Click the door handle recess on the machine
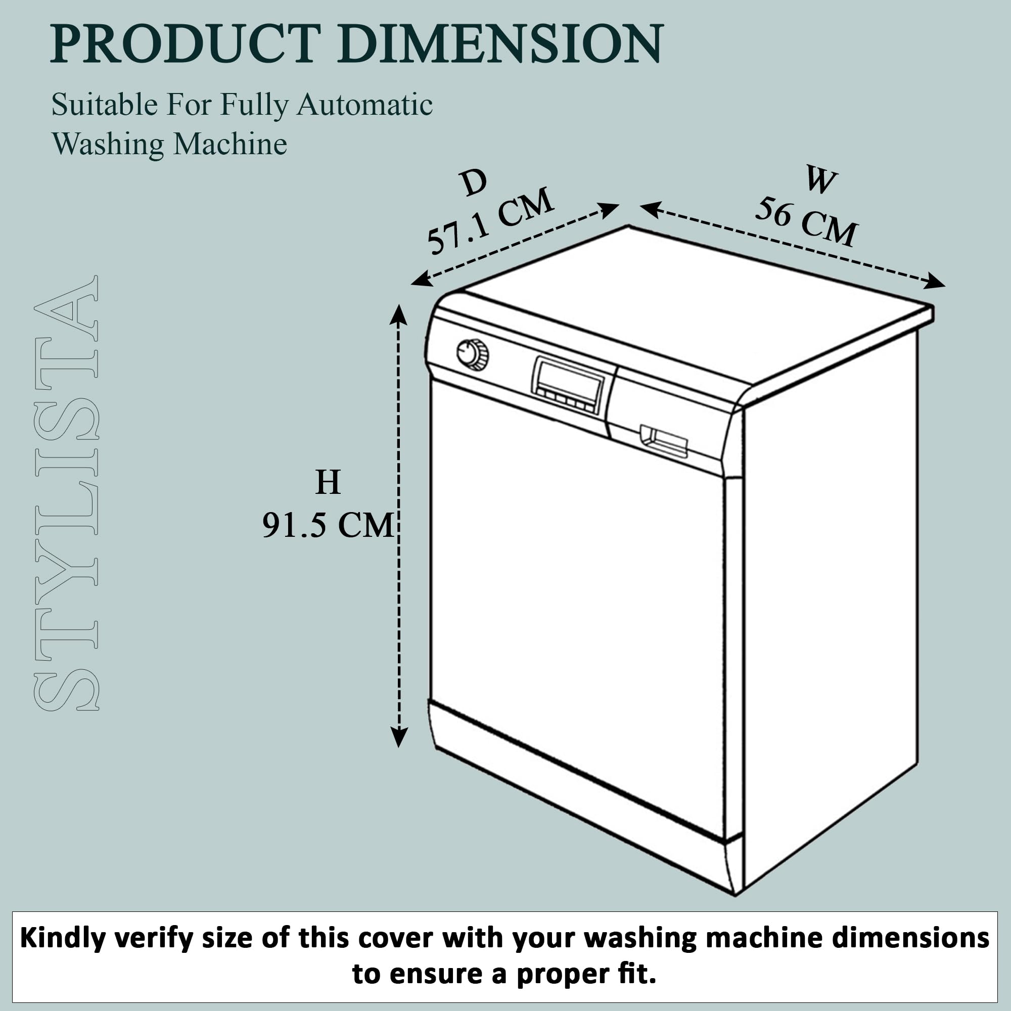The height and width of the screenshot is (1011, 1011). [664, 441]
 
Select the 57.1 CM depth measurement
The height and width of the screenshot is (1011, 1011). [490, 221]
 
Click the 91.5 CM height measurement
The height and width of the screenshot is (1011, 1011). [328, 525]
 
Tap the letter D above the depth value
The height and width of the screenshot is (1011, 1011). [474, 182]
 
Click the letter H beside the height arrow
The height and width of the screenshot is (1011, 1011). [328, 482]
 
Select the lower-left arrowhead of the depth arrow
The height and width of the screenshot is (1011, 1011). [421, 280]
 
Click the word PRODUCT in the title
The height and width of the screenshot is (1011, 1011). [186, 43]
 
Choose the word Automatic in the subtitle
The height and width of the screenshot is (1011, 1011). [365, 105]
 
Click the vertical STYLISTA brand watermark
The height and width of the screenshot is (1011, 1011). [66, 493]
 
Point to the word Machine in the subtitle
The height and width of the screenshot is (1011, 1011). [229, 145]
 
